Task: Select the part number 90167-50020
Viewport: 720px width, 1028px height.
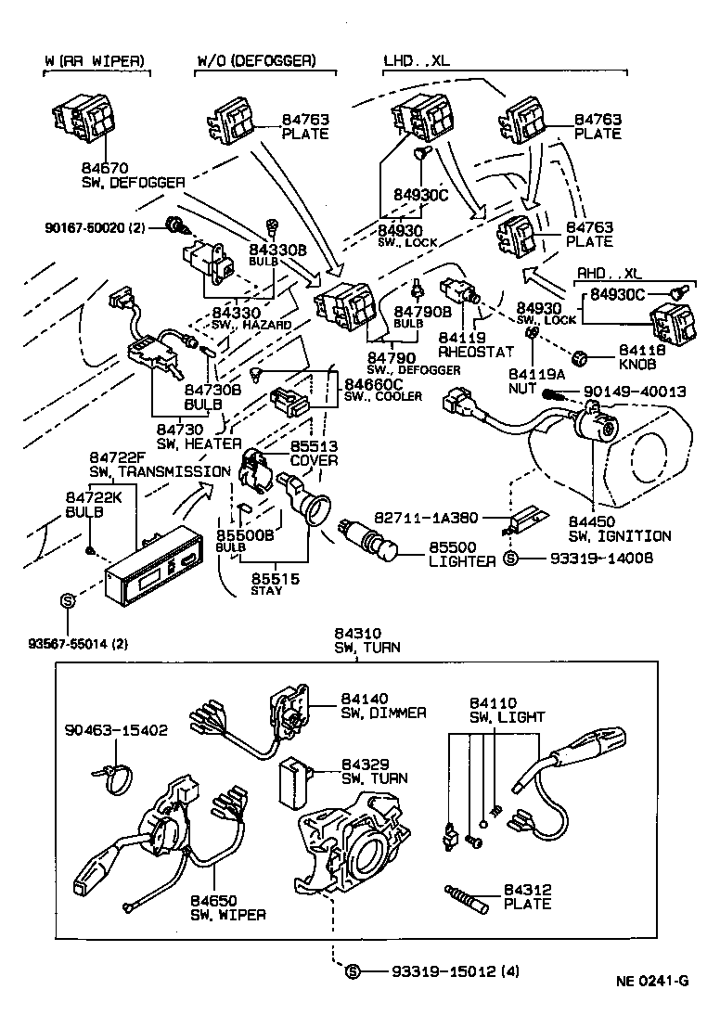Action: point(93,225)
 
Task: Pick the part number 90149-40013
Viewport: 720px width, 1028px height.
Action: point(635,392)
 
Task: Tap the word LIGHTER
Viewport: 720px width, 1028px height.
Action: point(461,562)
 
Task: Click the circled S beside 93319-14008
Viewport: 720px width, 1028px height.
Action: point(509,559)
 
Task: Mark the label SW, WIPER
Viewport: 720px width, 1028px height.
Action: point(228,914)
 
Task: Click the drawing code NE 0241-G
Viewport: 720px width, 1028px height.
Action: point(653,981)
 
